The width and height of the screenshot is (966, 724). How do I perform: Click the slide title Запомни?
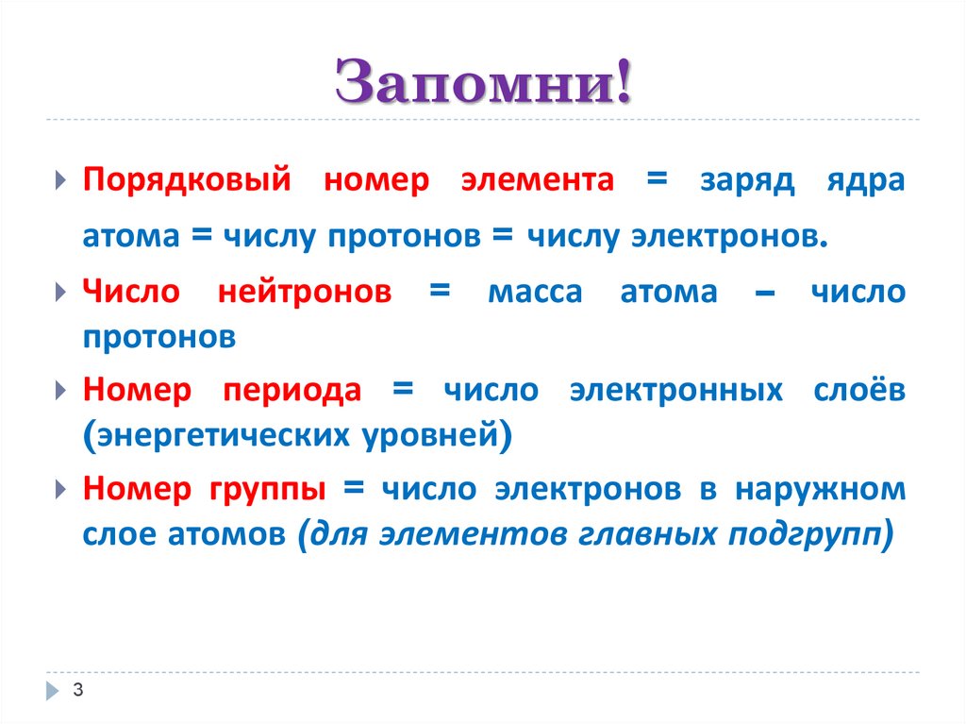click(x=482, y=82)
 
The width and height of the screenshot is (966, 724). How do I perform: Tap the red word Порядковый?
click(x=186, y=180)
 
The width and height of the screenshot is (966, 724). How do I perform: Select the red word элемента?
click(x=537, y=180)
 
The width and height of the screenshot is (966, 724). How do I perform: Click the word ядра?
click(x=867, y=182)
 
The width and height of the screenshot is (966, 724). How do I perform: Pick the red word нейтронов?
click(x=305, y=293)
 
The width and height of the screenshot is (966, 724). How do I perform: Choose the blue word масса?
click(x=535, y=293)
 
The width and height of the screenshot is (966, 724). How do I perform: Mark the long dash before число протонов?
click(x=765, y=295)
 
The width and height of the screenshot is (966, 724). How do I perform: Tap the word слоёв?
click(x=858, y=391)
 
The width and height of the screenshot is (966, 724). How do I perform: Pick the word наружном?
click(x=820, y=489)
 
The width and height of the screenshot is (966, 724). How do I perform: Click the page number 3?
click(x=78, y=690)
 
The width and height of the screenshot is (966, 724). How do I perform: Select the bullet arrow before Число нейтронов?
click(x=61, y=292)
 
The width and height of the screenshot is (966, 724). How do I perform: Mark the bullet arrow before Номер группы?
click(x=61, y=488)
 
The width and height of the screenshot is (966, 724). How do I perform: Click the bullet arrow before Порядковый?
click(x=61, y=180)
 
